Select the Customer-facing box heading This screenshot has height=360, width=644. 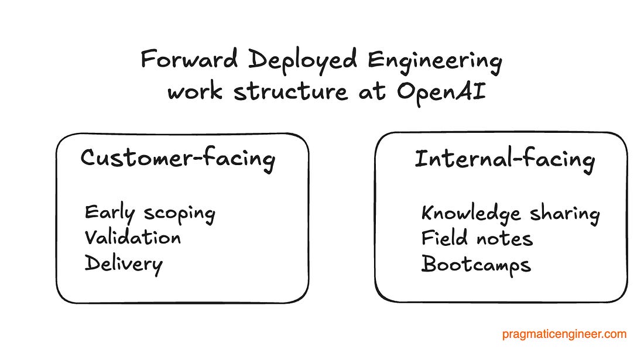click(177, 160)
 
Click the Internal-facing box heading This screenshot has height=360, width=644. click(505, 160)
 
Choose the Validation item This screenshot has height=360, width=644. click(133, 238)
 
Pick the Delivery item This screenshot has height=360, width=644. click(124, 264)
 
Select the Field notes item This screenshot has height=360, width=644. click(477, 238)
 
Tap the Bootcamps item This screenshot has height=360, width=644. click(476, 265)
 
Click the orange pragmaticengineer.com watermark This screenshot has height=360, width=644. click(564, 335)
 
